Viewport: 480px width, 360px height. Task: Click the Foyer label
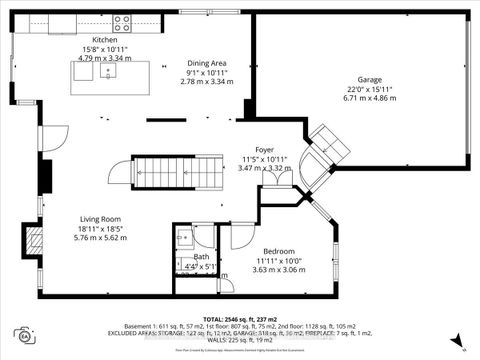tap(264, 149)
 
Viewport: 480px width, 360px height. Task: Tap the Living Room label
tap(101, 218)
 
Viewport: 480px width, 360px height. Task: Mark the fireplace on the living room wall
tap(35, 239)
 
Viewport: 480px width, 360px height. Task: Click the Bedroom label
tap(279, 251)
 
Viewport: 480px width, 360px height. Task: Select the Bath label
tap(201, 256)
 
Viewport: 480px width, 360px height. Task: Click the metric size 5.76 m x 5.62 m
tap(101, 239)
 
